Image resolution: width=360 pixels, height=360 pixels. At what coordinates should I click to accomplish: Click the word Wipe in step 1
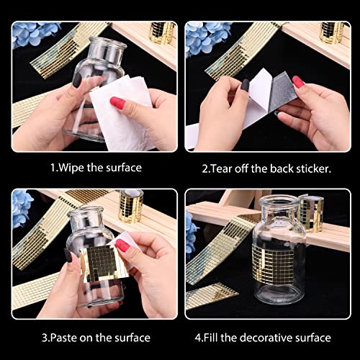pyautogui.click(x=71, y=168)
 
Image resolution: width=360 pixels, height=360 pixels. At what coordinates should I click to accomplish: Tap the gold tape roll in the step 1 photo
pyautogui.click(x=162, y=32)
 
